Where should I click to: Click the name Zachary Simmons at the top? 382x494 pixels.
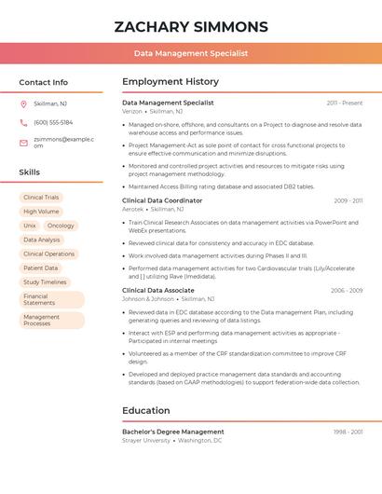(x=191, y=27)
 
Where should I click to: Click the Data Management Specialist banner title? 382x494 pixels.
(x=191, y=54)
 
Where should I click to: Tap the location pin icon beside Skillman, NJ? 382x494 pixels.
(x=23, y=103)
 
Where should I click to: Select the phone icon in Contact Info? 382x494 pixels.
(x=23, y=122)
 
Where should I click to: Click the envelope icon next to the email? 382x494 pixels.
(x=23, y=143)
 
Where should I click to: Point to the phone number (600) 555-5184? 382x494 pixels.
(x=53, y=122)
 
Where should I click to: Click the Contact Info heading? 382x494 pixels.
(x=43, y=82)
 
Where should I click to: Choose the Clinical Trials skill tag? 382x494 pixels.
(x=41, y=198)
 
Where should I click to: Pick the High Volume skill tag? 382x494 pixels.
(x=41, y=212)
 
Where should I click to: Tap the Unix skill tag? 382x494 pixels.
(x=30, y=226)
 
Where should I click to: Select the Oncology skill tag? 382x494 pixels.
(x=61, y=226)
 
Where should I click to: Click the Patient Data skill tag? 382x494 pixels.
(x=40, y=268)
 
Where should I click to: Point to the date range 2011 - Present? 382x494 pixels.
(x=345, y=103)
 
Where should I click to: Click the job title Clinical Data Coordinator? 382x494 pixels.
(x=162, y=200)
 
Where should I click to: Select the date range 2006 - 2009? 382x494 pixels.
(x=347, y=290)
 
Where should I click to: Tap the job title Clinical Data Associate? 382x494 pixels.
(x=158, y=290)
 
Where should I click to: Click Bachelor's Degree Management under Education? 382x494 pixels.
(x=173, y=432)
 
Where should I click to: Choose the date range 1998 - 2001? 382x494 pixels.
(x=348, y=432)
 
